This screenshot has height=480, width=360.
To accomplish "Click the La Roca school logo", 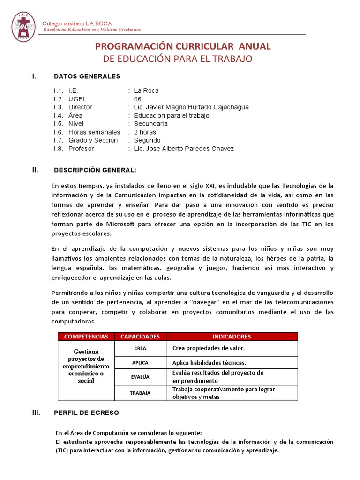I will coord(23,27).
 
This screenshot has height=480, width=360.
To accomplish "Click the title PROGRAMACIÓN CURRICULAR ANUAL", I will coord(183,46).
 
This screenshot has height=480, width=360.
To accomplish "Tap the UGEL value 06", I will coord(137,99).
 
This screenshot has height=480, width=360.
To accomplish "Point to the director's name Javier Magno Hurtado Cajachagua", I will coord(191,107).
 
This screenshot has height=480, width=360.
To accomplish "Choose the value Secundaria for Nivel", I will coord(150,124).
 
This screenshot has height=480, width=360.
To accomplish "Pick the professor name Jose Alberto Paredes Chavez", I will coord(183,149).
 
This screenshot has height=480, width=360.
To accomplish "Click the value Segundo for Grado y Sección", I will coord(147,140).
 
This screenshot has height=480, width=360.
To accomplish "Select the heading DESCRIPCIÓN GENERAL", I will coord(96,170).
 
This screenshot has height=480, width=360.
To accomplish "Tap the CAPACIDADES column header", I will coord(140,337).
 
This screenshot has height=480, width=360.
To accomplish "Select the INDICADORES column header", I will coord(232,337).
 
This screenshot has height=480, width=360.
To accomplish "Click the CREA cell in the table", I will coord(140,349).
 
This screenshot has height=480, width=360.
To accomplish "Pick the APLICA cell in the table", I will coord(140,363).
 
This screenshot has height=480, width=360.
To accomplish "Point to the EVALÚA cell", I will coord(140,377).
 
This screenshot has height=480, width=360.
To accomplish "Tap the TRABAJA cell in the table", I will coord(140,393).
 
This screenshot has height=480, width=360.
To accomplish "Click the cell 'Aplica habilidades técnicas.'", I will coord(209,363).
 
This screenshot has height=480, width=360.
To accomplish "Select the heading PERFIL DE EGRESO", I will coord(86,413).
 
